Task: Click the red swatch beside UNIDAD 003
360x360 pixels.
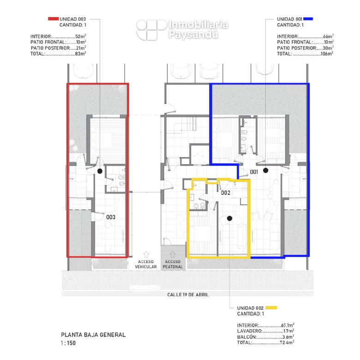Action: (53, 19)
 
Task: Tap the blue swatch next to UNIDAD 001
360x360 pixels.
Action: (308, 19)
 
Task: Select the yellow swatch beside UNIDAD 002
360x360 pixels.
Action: (271, 308)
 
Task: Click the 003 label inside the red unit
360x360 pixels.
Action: (111, 217)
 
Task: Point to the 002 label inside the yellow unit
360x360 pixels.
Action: (225, 192)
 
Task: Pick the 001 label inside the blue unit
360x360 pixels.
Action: (254, 172)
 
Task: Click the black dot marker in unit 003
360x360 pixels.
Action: (100, 171)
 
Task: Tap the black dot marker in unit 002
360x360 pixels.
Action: (229, 218)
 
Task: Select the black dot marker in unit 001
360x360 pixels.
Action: (266, 170)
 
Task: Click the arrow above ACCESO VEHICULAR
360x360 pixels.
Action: (146, 254)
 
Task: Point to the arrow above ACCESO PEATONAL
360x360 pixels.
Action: (173, 254)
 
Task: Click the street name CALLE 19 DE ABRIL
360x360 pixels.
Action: (188, 294)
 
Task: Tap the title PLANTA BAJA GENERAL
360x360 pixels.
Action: (93, 335)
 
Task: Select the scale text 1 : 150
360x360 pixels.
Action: (68, 343)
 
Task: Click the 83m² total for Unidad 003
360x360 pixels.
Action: (81, 54)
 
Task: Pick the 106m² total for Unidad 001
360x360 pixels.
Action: (327, 54)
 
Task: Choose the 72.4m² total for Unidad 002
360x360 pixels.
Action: (287, 342)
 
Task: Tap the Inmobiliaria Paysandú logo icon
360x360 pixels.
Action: (151, 30)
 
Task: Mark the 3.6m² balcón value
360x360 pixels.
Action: (288, 336)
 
